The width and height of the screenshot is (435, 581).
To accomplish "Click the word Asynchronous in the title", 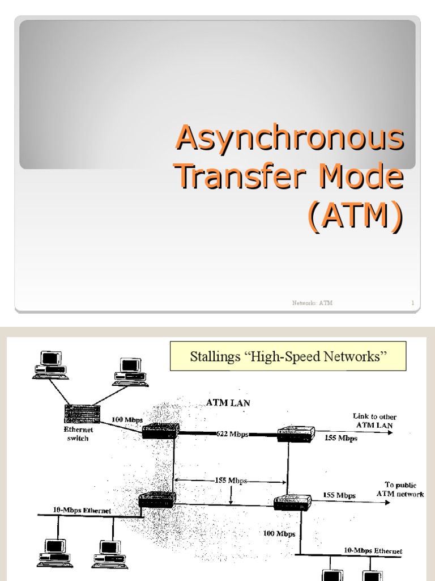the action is click(x=290, y=139).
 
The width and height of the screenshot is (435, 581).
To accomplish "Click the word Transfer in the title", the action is click(x=235, y=177).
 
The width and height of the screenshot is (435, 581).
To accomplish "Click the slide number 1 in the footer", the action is click(x=413, y=303).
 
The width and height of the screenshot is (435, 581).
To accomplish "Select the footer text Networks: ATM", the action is click(x=312, y=303).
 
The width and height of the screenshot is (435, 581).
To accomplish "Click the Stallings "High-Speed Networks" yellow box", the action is click(x=288, y=356).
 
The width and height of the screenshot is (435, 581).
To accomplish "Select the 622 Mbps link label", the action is click(x=232, y=434).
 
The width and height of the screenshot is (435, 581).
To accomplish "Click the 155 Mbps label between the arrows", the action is click(x=231, y=481).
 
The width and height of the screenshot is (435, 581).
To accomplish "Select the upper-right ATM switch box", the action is click(x=295, y=435).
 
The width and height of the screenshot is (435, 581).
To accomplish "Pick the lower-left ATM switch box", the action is click(x=157, y=500).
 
